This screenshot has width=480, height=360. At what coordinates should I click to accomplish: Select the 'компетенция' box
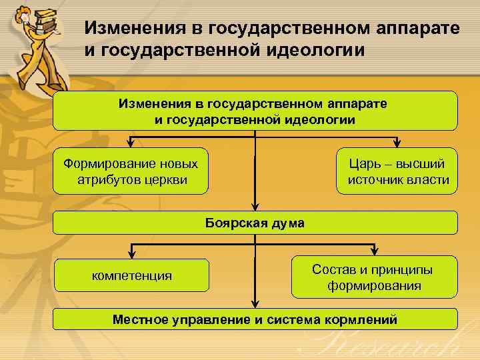pos(131,275)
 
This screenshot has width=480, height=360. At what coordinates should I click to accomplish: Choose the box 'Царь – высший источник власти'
pos(397,172)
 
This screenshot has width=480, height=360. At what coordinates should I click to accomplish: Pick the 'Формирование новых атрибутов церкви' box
pos(131,172)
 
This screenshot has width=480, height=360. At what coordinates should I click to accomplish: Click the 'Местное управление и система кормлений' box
pos(255,319)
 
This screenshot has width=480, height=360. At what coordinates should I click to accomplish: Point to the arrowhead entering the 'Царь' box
pos(397,143)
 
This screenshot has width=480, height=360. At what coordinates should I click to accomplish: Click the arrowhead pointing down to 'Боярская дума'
pos(255,207)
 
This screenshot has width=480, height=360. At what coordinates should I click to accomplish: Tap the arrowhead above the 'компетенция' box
pos(133,253)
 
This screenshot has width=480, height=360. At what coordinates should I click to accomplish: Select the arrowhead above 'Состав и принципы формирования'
pos(374,252)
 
